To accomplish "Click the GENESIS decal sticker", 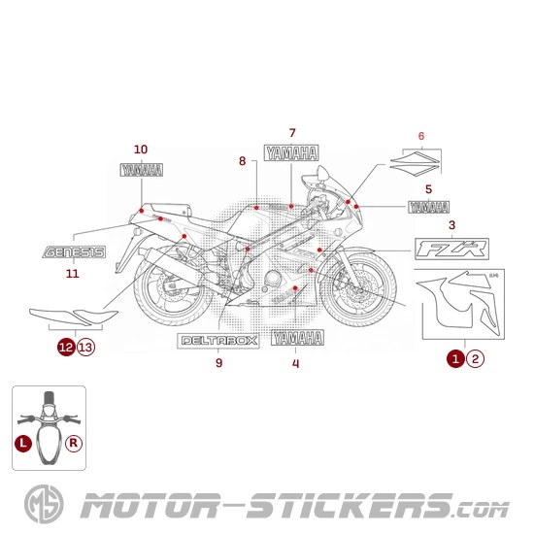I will (73, 251).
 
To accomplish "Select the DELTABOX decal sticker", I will (218, 342).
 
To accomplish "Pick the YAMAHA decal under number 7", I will (291, 152).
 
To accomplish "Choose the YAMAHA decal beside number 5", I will (429, 207).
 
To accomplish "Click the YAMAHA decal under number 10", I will (141, 169).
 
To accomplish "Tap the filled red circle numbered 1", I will (454, 359).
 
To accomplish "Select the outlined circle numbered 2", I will (475, 359).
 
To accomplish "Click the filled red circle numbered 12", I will (65, 346).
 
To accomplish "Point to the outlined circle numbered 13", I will (85, 346).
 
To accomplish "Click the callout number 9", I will (218, 363).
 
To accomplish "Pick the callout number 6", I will (421, 135).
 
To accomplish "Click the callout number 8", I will (242, 160).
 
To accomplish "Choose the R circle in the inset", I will (74, 443).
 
